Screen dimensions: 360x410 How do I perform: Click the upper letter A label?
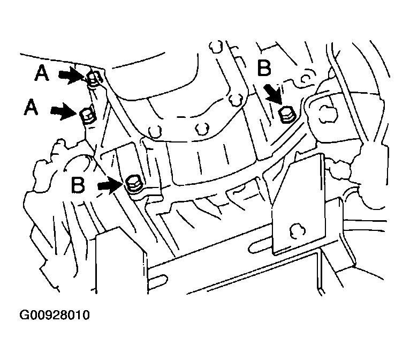(42, 73)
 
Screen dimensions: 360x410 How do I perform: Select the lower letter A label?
(32, 109)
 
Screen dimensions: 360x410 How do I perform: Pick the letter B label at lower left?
(78, 185)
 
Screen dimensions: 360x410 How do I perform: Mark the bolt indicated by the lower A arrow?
(87, 115)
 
